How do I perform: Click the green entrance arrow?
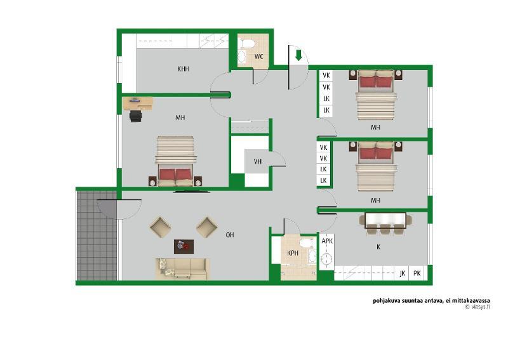[298, 55]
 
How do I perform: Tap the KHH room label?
[183, 69]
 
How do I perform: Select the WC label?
[258, 57]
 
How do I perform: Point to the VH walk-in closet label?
[258, 161]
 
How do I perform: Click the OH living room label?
[230, 235]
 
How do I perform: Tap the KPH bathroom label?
[293, 253]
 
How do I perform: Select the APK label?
[327, 241]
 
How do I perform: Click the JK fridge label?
[403, 274]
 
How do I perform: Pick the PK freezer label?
[417, 274]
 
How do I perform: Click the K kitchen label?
[378, 247]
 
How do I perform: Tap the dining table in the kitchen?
[385, 221]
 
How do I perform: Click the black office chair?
[136, 116]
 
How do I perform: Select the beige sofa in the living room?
[182, 269]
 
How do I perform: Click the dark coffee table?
[184, 246]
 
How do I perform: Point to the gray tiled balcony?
[97, 236]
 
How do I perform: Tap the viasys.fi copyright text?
[478, 307]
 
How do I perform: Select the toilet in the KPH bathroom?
[306, 243]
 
